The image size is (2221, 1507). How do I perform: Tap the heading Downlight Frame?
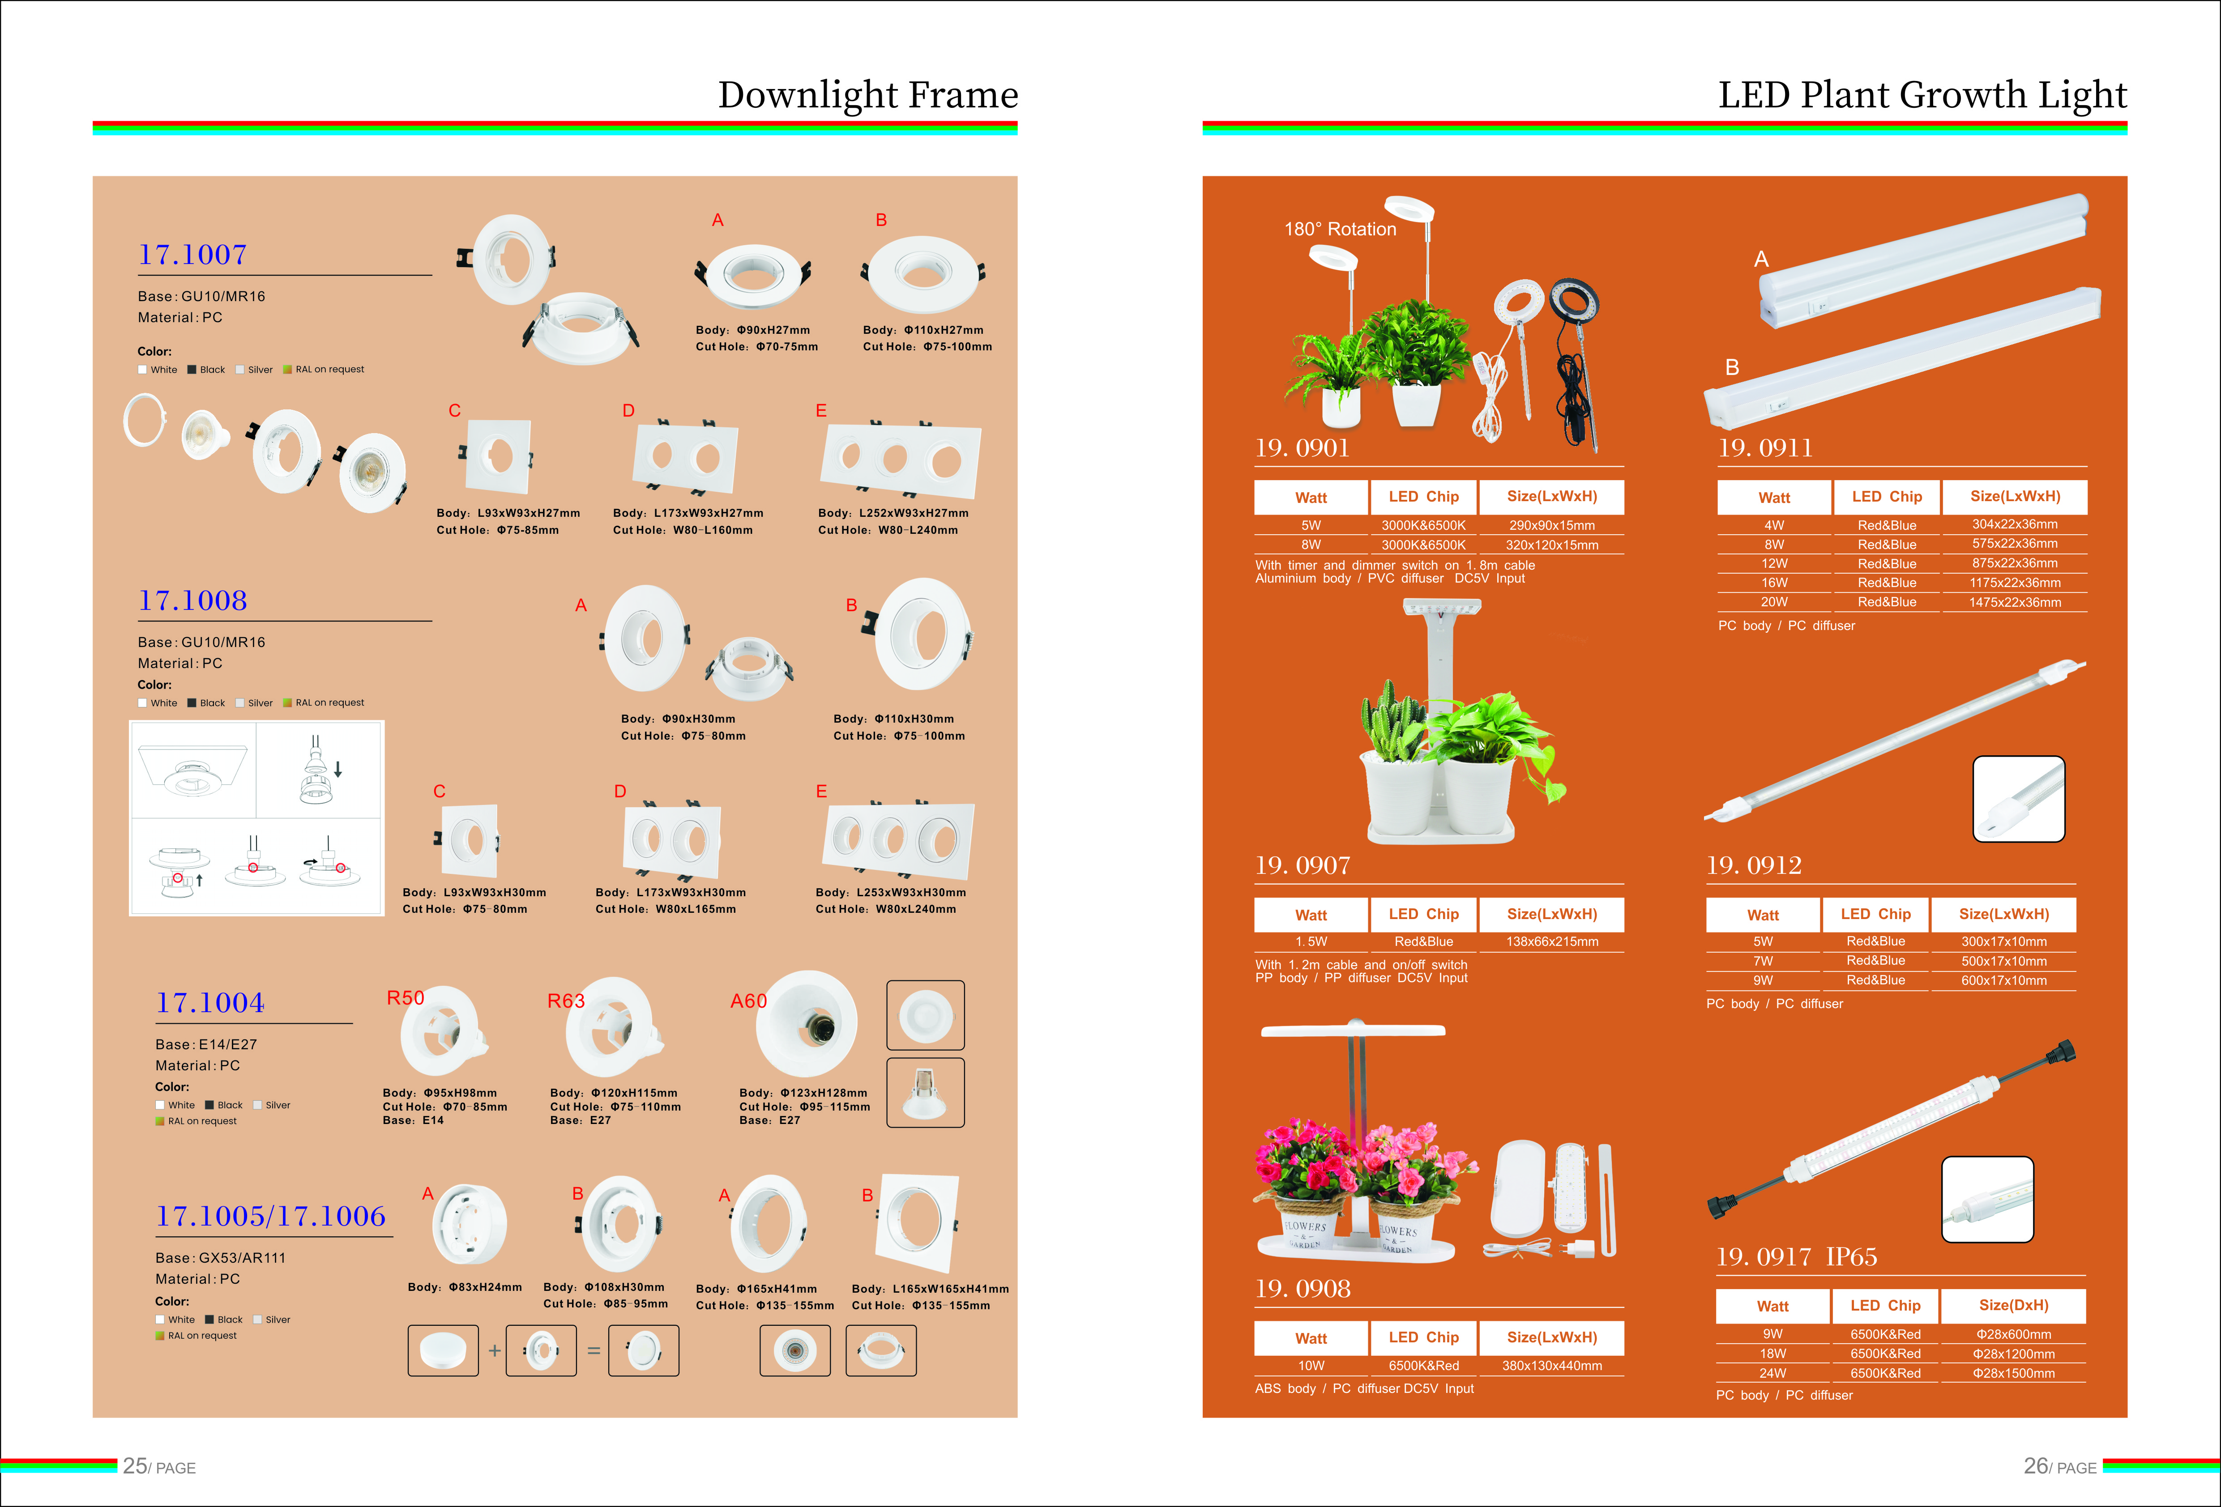(x=868, y=94)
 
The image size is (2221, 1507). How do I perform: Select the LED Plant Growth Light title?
(x=1922, y=94)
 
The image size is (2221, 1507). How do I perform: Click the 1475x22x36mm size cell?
(x=2015, y=602)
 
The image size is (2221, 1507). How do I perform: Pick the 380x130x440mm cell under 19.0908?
(x=1552, y=1366)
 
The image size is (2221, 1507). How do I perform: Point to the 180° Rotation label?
(x=1340, y=230)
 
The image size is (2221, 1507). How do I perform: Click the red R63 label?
(x=566, y=1000)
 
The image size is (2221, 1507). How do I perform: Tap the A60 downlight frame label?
(x=748, y=1000)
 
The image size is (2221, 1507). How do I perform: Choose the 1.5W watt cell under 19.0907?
(x=1311, y=941)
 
